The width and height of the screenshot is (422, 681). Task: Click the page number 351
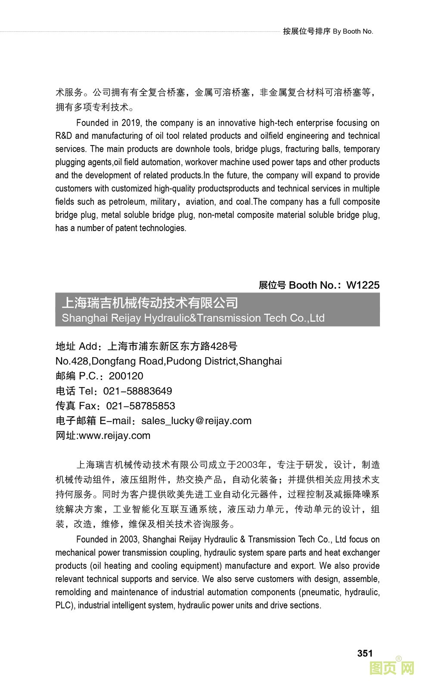tap(365, 653)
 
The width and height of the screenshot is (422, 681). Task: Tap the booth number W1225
tap(363, 285)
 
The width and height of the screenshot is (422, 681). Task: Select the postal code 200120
tap(126, 376)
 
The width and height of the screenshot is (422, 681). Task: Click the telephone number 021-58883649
tap(137, 391)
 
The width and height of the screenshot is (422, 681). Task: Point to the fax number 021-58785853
tap(140, 406)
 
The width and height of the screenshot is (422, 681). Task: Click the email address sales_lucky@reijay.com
tap(196, 421)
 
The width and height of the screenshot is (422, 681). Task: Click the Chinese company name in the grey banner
tap(150, 303)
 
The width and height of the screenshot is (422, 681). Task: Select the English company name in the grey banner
tap(193, 318)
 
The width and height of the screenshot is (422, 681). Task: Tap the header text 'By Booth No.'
tap(353, 31)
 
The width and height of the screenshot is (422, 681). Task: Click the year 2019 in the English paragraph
tap(131, 123)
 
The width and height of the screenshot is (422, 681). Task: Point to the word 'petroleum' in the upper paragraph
tap(127, 202)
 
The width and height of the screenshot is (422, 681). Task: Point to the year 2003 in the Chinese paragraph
tap(248, 465)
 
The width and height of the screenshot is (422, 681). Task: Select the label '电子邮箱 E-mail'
tap(93, 421)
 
